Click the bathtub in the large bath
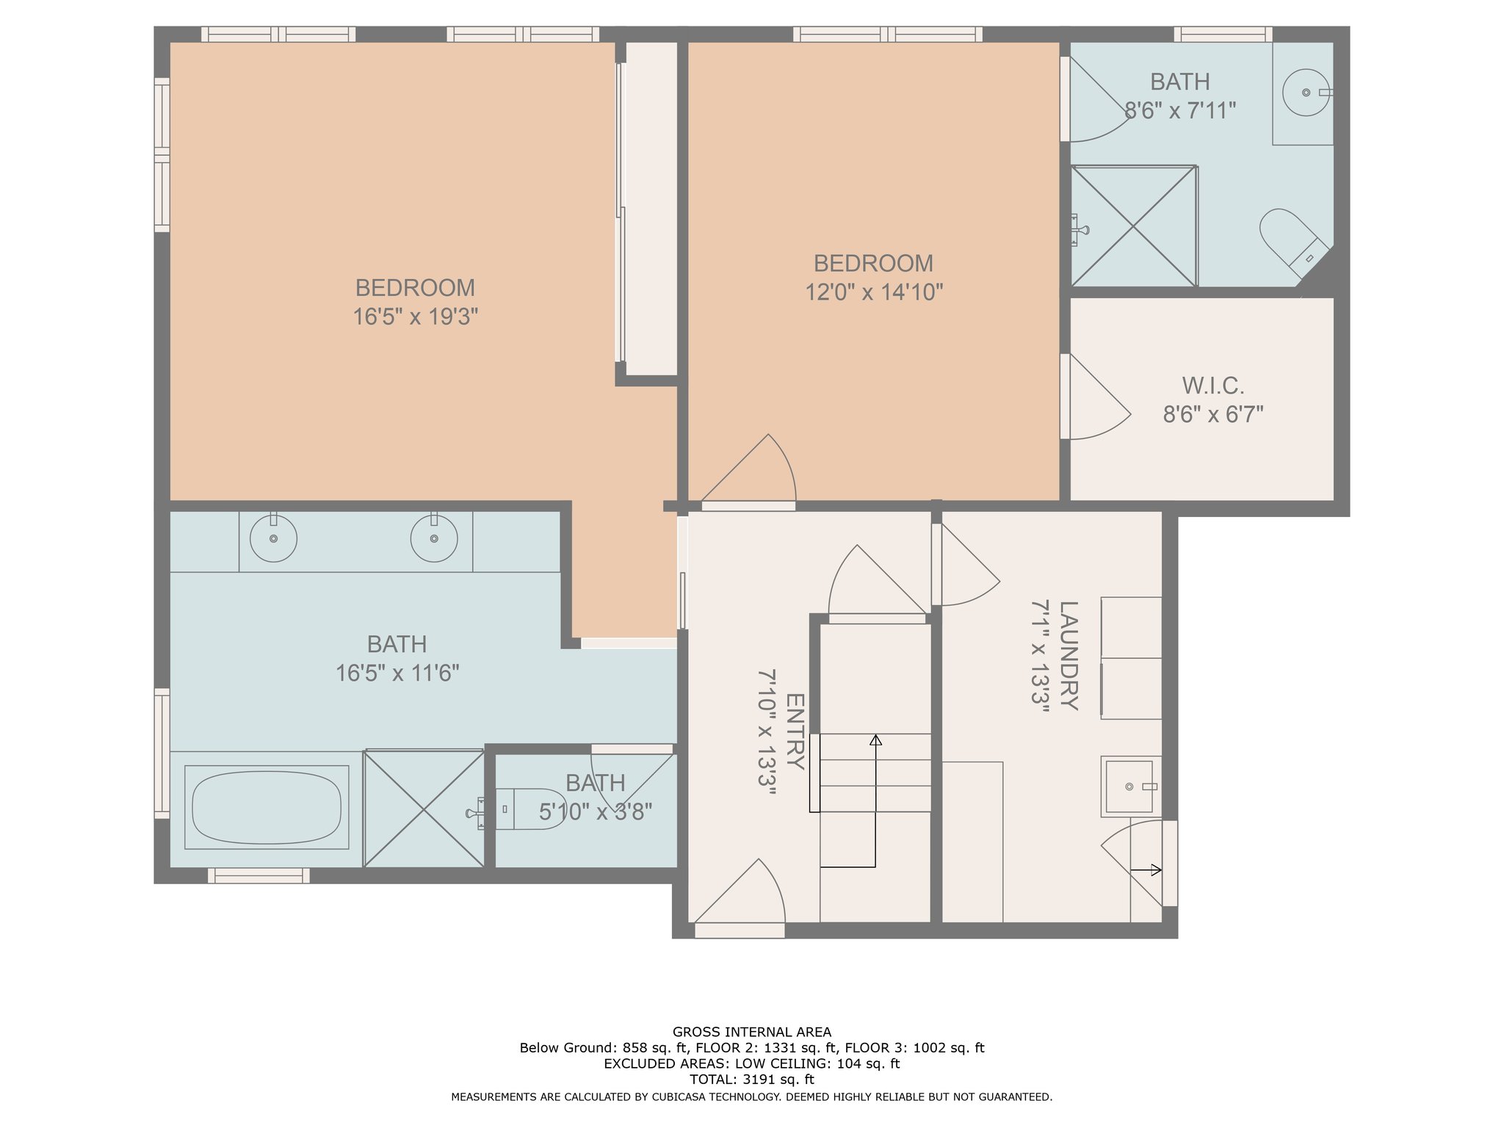[x=267, y=807]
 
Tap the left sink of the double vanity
[x=273, y=538]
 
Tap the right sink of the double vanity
[x=434, y=538]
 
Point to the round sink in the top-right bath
[x=1306, y=93]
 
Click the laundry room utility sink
[x=1130, y=787]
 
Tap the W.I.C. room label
[x=1213, y=386]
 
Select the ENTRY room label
[x=795, y=731]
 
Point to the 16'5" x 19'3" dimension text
[x=416, y=317]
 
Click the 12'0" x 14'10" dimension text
[x=874, y=292]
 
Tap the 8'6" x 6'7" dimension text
[x=1213, y=415]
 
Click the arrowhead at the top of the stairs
[x=875, y=740]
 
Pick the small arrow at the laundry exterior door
[x=1146, y=870]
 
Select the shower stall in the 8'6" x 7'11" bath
[x=1134, y=226]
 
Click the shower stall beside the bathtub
[x=424, y=808]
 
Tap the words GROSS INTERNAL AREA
[x=752, y=1032]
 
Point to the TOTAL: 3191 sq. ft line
[x=752, y=1080]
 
